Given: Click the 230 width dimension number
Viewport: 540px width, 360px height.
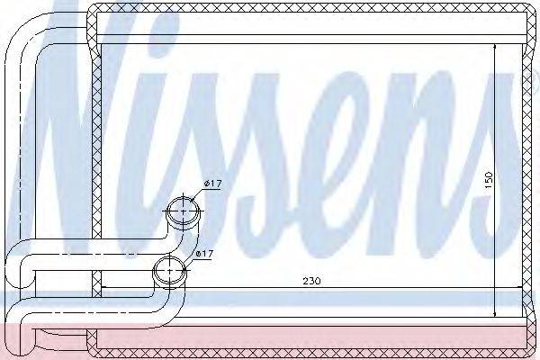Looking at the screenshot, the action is [311, 281].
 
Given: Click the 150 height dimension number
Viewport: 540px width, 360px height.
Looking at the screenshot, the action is [489, 180].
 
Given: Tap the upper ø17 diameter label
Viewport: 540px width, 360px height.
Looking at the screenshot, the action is [212, 184].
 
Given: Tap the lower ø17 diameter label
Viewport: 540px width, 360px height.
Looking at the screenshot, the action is [204, 254].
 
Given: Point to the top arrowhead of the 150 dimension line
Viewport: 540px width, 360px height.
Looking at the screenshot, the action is [494, 48].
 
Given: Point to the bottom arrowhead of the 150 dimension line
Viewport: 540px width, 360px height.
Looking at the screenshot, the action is [494, 313].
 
